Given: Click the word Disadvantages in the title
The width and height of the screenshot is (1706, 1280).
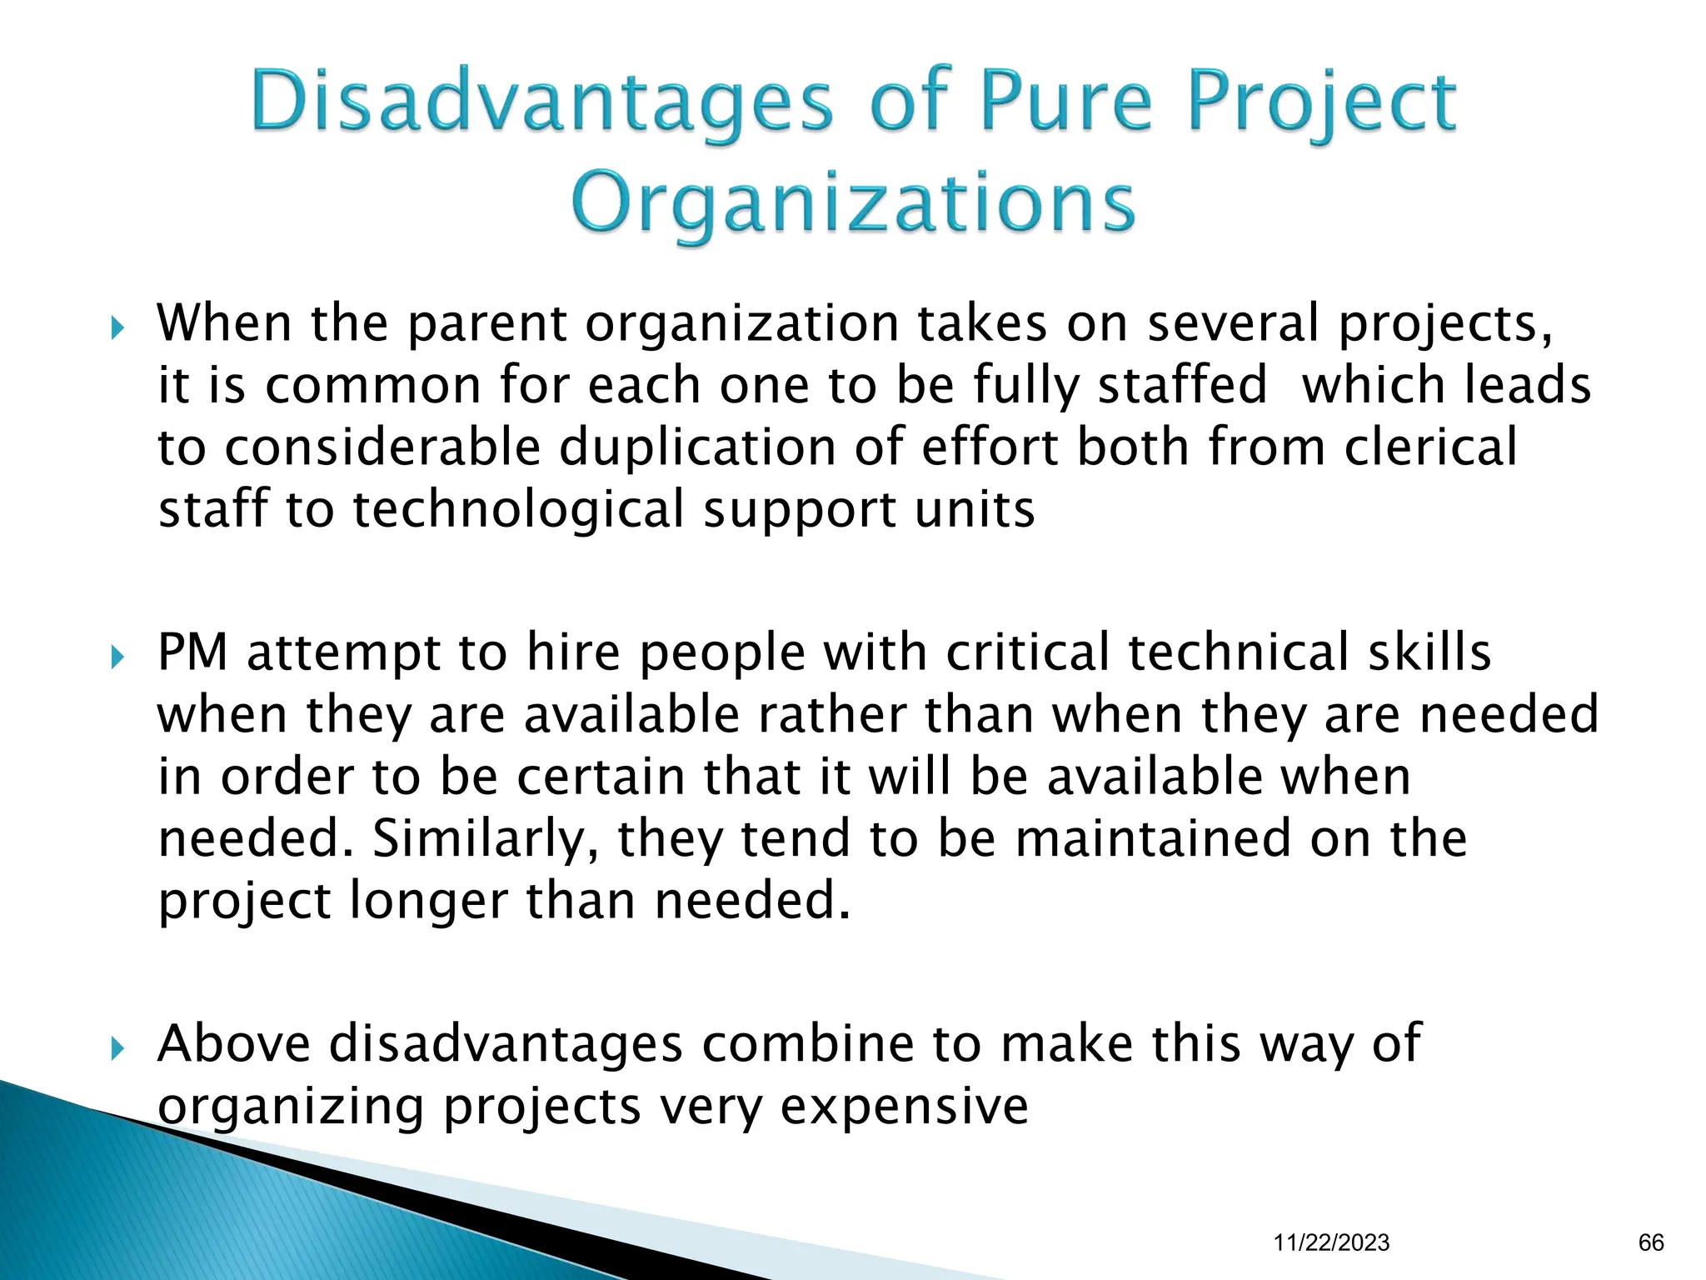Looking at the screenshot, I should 541,104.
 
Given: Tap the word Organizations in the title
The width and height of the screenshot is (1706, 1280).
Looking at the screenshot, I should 853,204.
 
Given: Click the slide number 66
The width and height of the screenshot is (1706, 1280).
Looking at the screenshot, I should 1651,1242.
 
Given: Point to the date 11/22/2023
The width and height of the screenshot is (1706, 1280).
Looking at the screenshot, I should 1331,1242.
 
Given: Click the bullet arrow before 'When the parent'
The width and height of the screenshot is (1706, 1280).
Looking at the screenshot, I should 117,327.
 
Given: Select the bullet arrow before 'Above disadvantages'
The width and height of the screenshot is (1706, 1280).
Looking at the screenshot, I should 117,1048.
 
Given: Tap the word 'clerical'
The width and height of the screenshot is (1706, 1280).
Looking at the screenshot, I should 1430,447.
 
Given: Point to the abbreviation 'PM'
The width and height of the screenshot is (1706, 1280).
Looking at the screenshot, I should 192,652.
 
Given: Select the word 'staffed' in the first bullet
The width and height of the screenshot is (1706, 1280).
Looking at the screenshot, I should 1182,386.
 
